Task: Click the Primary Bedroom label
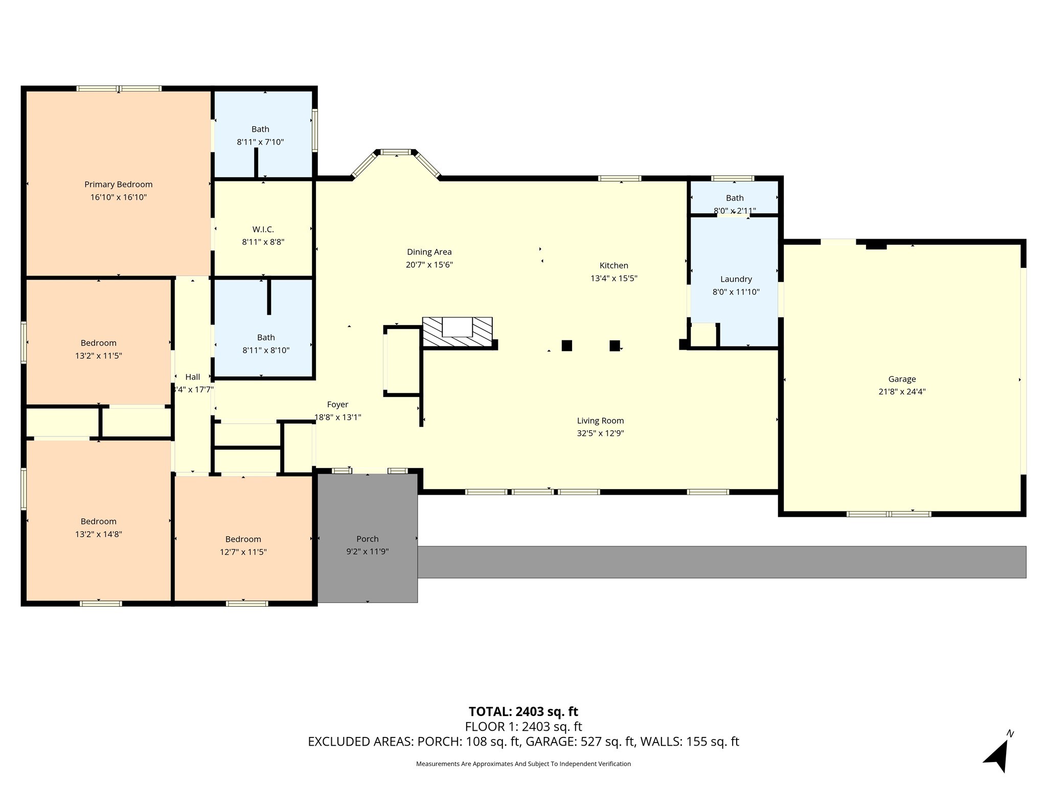click(119, 184)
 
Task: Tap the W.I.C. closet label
click(263, 229)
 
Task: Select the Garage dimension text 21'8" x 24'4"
click(902, 392)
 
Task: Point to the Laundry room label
click(736, 279)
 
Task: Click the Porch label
click(368, 539)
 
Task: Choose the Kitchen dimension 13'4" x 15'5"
click(614, 279)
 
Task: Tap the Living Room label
click(601, 421)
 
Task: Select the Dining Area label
click(429, 252)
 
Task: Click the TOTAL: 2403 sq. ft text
click(523, 711)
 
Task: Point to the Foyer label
click(338, 405)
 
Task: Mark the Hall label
click(193, 377)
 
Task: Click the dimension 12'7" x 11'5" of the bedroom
click(243, 552)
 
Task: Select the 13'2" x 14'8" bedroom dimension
click(99, 534)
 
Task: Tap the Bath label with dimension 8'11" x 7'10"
click(260, 129)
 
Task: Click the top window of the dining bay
click(396, 152)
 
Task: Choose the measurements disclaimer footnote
click(523, 764)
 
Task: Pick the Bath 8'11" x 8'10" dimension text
click(266, 350)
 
